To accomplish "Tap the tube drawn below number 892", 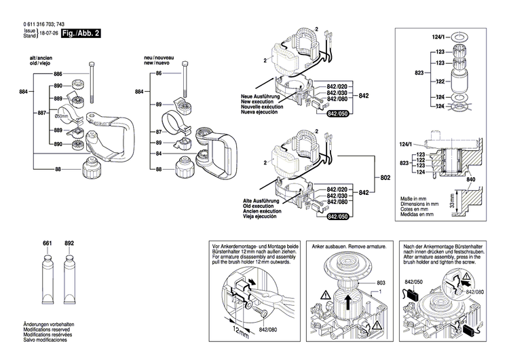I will tap(68, 281).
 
